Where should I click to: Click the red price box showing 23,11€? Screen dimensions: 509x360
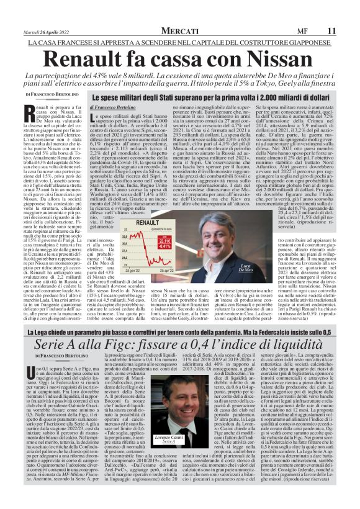[x=164, y=240]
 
